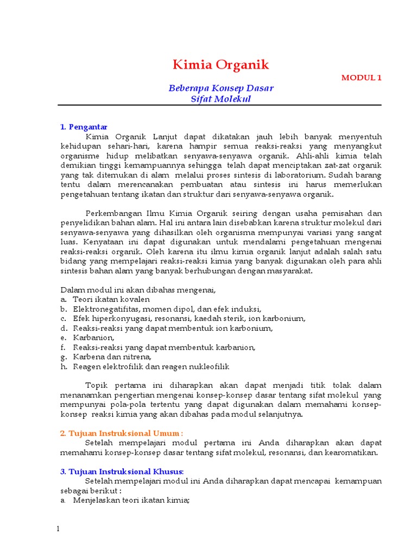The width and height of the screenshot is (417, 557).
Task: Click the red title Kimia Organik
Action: [x=221, y=65]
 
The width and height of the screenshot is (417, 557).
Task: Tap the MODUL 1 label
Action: [x=361, y=78]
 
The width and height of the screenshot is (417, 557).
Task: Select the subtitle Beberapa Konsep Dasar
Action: [x=221, y=88]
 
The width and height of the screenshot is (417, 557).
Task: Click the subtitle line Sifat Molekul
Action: [x=221, y=99]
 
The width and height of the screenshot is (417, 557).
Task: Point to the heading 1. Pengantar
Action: [x=84, y=127]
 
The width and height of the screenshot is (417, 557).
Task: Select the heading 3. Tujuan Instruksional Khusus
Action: [x=122, y=471]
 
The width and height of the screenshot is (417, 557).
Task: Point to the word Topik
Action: [x=97, y=385]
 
